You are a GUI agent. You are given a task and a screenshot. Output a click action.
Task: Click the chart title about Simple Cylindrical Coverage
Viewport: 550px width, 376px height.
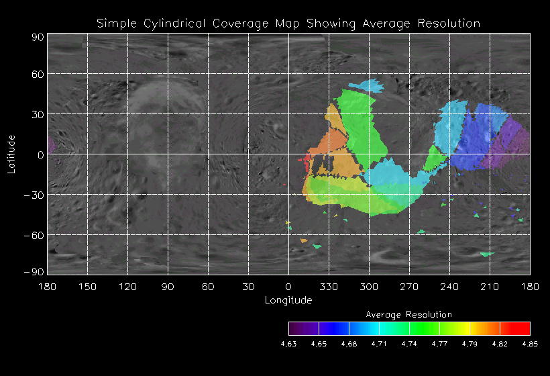click(288, 23)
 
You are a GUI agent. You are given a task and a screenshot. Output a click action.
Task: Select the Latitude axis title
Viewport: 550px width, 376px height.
click(11, 154)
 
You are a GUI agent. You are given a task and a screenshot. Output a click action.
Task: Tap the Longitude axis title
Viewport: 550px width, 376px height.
click(288, 300)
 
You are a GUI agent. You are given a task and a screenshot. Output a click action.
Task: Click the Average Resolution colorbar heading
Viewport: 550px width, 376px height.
click(409, 314)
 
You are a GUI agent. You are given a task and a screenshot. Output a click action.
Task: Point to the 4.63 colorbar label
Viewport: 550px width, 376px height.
click(288, 343)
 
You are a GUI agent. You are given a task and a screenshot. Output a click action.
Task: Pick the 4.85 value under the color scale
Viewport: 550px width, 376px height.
click(530, 343)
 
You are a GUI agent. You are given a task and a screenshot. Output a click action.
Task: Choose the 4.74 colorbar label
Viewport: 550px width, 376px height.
click(409, 343)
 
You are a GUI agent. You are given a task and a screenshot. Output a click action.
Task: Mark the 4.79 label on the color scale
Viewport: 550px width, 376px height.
click(470, 343)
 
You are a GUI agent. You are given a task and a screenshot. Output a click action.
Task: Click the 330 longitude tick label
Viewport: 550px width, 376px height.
click(329, 287)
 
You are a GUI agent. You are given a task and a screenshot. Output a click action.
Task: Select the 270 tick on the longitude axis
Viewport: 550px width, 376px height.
click(409, 287)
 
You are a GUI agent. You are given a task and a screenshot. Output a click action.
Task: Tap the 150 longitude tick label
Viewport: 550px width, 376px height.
click(87, 287)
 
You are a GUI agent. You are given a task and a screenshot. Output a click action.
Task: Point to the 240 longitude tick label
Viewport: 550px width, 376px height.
click(449, 287)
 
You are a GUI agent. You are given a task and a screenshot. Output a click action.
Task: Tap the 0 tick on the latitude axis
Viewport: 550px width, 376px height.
click(40, 154)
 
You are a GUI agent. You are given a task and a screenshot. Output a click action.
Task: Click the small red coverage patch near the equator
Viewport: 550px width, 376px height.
click(308, 160)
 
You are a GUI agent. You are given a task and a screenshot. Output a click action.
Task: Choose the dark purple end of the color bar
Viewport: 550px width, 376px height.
click(295, 328)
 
